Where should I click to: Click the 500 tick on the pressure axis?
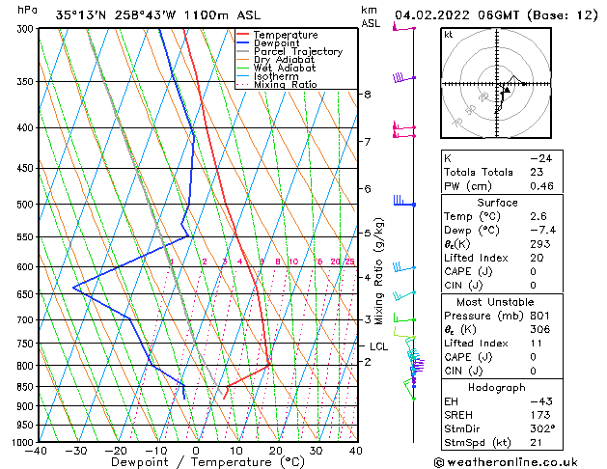pos(22,205)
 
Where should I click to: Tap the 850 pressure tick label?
pos(22,387)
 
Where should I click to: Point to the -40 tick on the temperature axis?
pos(37,450)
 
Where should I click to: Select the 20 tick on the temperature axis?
pos(276,450)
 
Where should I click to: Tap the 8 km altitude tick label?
pos(368,94)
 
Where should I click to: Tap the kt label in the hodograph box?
pos(449,34)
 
